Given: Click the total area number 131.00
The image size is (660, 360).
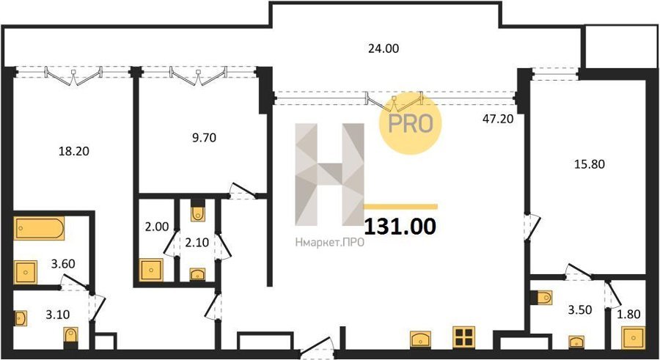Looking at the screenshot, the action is coord(400,226).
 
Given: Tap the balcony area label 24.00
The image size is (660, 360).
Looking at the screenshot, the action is coord(384,48).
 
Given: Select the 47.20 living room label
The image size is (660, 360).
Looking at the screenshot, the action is coord(498,119).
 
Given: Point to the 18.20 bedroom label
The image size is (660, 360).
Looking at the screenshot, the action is coord(73,151).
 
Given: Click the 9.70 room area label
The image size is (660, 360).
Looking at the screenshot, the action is coord(204,137).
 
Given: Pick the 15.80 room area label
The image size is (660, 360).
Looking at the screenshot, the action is coord(590,164).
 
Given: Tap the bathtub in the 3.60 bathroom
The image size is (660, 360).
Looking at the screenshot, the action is coord(39,228).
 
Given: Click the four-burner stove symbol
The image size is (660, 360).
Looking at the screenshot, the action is coord(464,337).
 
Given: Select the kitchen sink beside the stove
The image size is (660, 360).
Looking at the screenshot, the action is coord(421,339).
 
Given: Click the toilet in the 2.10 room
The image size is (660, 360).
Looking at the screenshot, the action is coord(197,213).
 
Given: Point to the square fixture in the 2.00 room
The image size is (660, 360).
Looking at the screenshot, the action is coord(151,270).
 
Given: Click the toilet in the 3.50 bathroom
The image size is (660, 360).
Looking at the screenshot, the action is coord(544,297).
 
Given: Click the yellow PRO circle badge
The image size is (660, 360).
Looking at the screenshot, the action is coord(411,123).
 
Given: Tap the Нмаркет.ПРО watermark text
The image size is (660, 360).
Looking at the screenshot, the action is coord(329,242).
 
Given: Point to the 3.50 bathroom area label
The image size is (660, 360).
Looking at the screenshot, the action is coord(580,310).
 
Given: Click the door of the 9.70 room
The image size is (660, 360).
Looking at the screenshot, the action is coord(243,191).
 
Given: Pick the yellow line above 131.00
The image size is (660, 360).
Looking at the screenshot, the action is coord(400,206).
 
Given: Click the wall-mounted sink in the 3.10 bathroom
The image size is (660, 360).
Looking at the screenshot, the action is coord(21,318).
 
